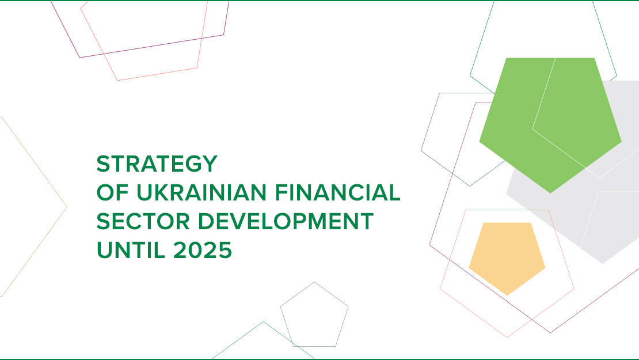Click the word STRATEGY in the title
[x=157, y=164]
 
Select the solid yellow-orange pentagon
[x=507, y=256]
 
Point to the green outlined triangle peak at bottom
[x=264, y=322]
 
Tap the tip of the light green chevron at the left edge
[x=66, y=206]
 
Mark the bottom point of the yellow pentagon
[x=507, y=295]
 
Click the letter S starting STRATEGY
[x=103, y=164]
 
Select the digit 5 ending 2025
[x=225, y=251]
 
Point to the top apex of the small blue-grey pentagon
[x=314, y=282]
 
